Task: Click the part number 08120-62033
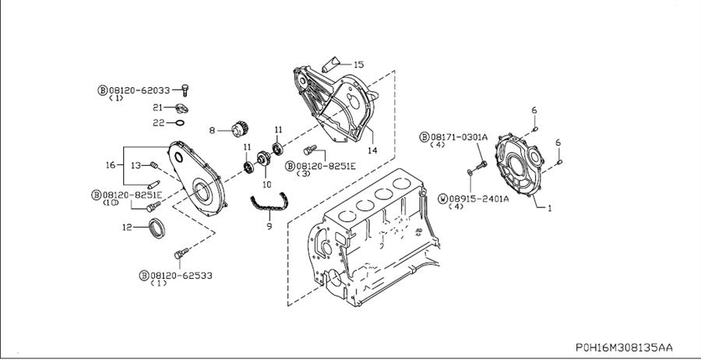pyautogui.click(x=139, y=90)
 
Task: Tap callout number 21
pyautogui.click(x=158, y=108)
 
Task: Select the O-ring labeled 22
pyautogui.click(x=179, y=122)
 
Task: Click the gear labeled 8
pyautogui.click(x=240, y=129)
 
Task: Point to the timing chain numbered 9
pyautogui.click(x=269, y=202)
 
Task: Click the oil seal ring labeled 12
pyautogui.click(x=157, y=228)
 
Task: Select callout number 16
pyautogui.click(x=111, y=165)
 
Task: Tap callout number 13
pyautogui.click(x=136, y=165)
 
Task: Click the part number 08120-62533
pyautogui.click(x=181, y=276)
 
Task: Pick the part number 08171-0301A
pyautogui.click(x=459, y=137)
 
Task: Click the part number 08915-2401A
pyautogui.click(x=479, y=199)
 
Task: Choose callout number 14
pyautogui.click(x=372, y=150)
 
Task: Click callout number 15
pyautogui.click(x=358, y=65)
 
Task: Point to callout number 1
pyautogui.click(x=549, y=208)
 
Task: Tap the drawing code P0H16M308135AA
pyautogui.click(x=624, y=348)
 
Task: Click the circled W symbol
pyautogui.click(x=443, y=199)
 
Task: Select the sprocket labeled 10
pyautogui.click(x=264, y=158)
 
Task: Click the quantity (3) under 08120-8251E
pyautogui.click(x=303, y=174)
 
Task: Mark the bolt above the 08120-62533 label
pyautogui.click(x=181, y=253)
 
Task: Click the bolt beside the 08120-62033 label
pyautogui.click(x=185, y=90)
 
